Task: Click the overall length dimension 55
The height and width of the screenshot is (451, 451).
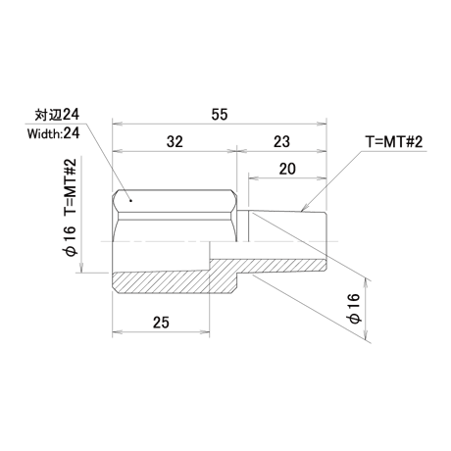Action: pos(219,115)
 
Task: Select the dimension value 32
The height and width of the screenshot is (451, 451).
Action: pos(175,142)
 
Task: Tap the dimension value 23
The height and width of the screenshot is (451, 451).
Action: pos(281,142)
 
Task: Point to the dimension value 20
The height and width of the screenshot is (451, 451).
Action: pos(287,169)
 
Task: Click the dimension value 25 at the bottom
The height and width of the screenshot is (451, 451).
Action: pos(161,323)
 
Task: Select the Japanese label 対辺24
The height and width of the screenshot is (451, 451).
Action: pos(57,115)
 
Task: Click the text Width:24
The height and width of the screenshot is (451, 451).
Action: pos(53,133)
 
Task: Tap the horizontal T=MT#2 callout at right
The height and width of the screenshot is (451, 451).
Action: pos(394,142)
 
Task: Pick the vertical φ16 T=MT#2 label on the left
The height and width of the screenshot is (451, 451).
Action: pos(71,207)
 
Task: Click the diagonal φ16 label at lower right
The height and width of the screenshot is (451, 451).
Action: pos(354,308)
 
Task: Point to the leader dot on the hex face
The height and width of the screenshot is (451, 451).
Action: pos(130,201)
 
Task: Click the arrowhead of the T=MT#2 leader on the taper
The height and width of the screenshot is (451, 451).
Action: pos(304,209)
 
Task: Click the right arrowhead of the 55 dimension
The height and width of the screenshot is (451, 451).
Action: pos(323,124)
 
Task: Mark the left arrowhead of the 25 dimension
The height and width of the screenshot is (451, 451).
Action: pos(117,332)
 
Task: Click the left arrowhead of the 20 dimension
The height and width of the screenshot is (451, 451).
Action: pos(253,178)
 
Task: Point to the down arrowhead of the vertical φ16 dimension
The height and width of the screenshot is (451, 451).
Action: pos(80,269)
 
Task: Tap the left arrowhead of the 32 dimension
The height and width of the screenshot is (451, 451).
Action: pos(117,151)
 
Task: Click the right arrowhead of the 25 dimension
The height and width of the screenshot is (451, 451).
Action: pos(205,332)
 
